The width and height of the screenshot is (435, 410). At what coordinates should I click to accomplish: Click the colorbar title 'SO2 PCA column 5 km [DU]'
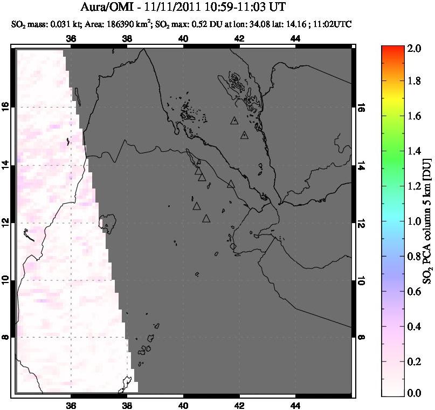pos(426,221)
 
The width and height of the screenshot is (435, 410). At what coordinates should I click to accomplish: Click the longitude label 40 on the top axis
pos(183,38)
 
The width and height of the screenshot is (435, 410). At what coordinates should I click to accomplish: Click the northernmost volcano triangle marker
pos(234,121)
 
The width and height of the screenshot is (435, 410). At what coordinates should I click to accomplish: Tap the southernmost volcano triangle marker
pos(206,219)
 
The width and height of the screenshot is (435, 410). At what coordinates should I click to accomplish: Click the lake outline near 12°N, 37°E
pos(109,222)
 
